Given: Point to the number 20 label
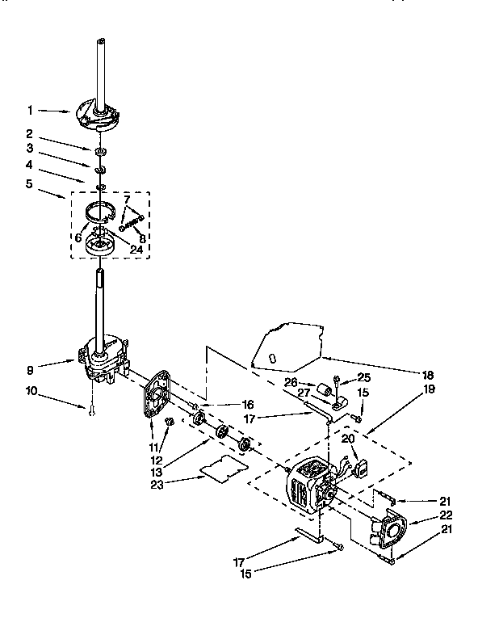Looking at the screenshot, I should point(347,439).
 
